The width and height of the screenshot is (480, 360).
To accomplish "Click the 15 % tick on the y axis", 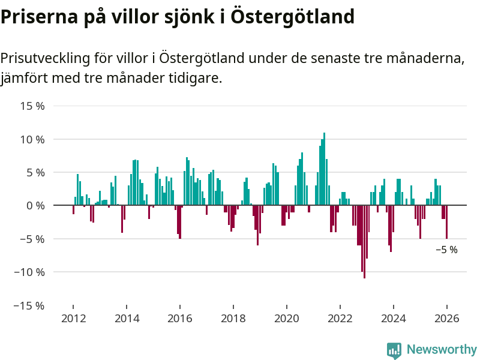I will pyautogui.click(x=32, y=106).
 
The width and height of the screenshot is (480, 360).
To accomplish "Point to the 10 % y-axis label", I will pyautogui.click(x=32, y=139).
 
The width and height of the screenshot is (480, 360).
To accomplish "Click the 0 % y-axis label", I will pyautogui.click(x=35, y=205).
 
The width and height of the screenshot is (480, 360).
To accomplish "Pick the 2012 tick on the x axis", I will pyautogui.click(x=73, y=319).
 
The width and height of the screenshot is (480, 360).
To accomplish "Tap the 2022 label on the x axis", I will pyautogui.click(x=340, y=319).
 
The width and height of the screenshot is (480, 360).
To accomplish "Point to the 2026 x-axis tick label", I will pyautogui.click(x=446, y=319).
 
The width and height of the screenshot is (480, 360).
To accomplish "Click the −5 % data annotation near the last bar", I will pyautogui.click(x=446, y=250).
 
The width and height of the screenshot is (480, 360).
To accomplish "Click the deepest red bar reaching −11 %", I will pyautogui.click(x=364, y=241).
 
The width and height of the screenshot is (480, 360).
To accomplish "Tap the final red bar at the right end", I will pyautogui.click(x=446, y=221).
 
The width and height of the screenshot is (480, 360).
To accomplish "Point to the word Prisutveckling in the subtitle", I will pyautogui.click(x=45, y=59).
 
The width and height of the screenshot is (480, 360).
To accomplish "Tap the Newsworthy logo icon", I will pyautogui.click(x=394, y=350).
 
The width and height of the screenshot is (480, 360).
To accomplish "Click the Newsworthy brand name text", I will pyautogui.click(x=442, y=349).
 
